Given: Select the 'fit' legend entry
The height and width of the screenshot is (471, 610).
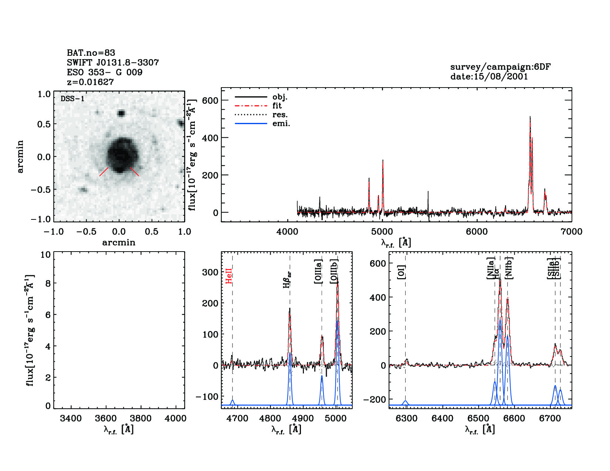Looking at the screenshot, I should pyautogui.click(x=277, y=106).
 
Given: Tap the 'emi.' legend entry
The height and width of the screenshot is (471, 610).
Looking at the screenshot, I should pyautogui.click(x=281, y=124).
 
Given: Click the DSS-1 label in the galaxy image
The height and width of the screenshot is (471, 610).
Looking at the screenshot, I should pyautogui.click(x=72, y=99).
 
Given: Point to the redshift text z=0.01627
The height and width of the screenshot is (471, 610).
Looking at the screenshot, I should pyautogui.click(x=90, y=82).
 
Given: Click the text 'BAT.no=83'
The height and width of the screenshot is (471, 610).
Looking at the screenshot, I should pyautogui.click(x=91, y=53).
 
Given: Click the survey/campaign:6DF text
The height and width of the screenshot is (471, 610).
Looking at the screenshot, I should pyautogui.click(x=500, y=67).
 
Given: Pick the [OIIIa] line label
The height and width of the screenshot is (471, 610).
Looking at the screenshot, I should pyautogui.click(x=318, y=272).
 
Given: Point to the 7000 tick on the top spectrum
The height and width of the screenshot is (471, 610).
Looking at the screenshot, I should pyautogui.click(x=571, y=232).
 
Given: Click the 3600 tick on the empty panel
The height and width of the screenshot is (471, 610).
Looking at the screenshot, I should pyautogui.click(x=106, y=418).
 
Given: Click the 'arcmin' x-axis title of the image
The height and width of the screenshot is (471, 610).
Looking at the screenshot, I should pyautogui.click(x=119, y=243).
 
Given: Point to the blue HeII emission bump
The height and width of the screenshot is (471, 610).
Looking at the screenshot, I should pyautogui.click(x=233, y=402).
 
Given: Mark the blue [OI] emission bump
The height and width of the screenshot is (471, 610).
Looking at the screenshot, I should pyautogui.click(x=406, y=402).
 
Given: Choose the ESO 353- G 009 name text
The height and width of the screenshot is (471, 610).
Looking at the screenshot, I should pyautogui.click(x=105, y=72).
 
